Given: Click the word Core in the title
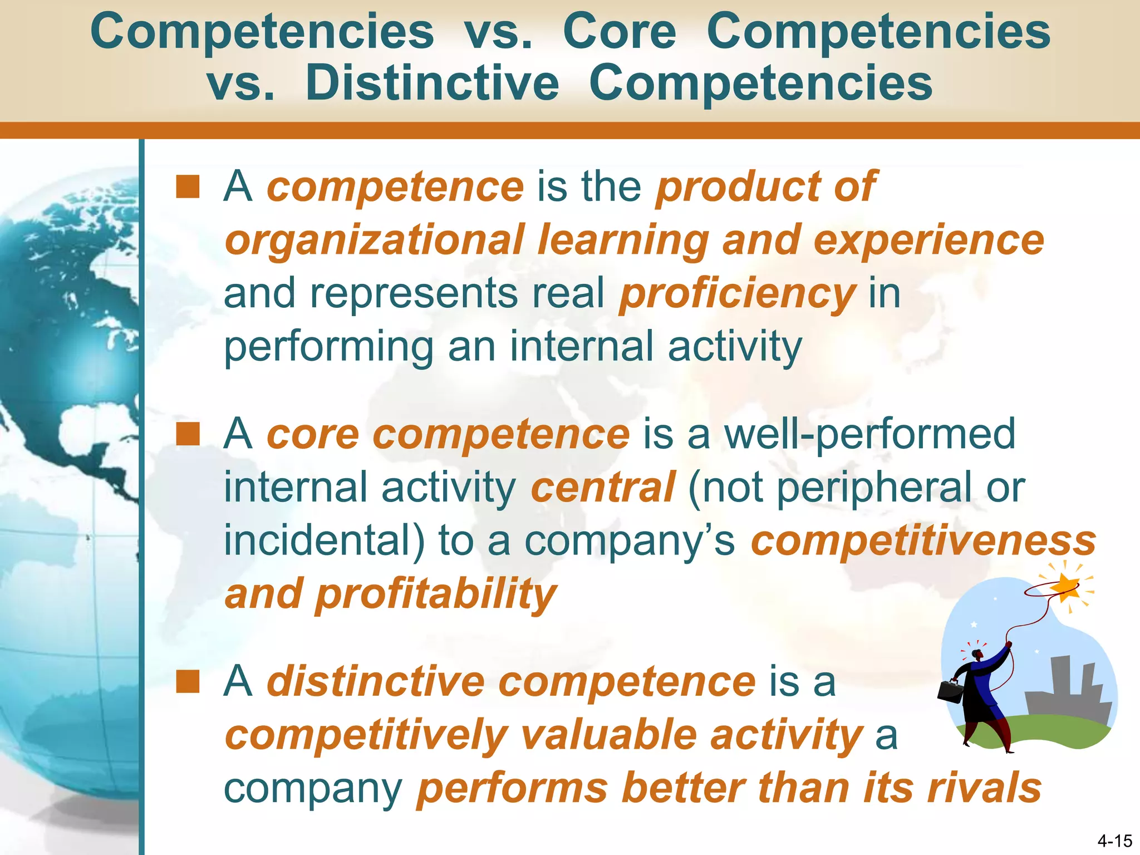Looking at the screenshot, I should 619,32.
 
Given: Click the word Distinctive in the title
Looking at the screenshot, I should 432,83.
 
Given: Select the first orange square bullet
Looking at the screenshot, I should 188,187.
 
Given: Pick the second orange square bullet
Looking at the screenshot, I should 188,435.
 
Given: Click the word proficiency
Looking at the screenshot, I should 737,294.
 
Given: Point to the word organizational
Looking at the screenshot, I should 374,240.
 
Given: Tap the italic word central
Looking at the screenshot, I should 603,487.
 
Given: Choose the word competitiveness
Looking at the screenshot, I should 923,540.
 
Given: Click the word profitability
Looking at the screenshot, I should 435,594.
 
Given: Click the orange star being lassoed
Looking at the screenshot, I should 1067,587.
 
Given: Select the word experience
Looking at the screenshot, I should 928,240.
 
